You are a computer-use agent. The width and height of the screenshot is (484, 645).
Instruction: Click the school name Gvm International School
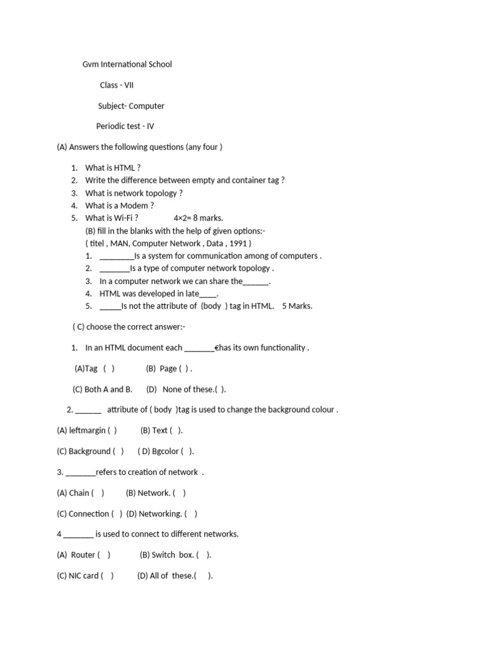127,64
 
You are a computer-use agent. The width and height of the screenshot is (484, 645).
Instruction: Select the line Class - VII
117,85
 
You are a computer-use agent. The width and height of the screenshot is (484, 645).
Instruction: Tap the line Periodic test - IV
125,126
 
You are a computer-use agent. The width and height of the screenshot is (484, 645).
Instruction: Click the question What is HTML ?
113,168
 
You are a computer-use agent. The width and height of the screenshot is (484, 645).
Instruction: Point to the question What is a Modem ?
119,205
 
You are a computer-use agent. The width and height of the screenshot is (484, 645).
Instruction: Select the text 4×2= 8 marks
198,218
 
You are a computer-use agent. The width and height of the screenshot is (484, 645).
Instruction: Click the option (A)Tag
86,368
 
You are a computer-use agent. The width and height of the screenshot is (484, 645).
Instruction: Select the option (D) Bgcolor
165,451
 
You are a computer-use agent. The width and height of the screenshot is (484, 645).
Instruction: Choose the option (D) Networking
154,513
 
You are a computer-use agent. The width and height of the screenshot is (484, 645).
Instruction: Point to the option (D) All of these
165,576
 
